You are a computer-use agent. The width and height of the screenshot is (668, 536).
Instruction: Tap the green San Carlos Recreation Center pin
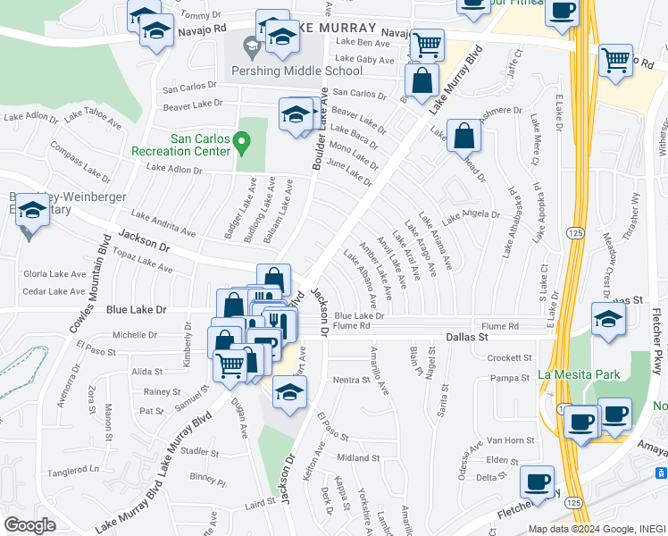tap(240, 142)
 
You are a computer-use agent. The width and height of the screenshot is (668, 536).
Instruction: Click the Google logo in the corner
tap(29, 525)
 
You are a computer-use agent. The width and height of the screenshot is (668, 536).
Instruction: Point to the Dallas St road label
tap(468, 339)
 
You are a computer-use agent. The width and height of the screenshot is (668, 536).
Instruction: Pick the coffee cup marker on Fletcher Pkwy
tap(538, 482)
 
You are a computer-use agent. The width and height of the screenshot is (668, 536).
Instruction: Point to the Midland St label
tap(354, 458)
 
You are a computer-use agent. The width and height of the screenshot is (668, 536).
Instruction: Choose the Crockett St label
tap(510, 357)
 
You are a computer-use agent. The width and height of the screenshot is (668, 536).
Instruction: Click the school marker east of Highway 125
tap(608, 319)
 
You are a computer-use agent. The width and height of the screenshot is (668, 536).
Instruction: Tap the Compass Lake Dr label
tap(78, 161)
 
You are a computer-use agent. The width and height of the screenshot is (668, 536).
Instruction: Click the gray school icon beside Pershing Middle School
tap(251, 44)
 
